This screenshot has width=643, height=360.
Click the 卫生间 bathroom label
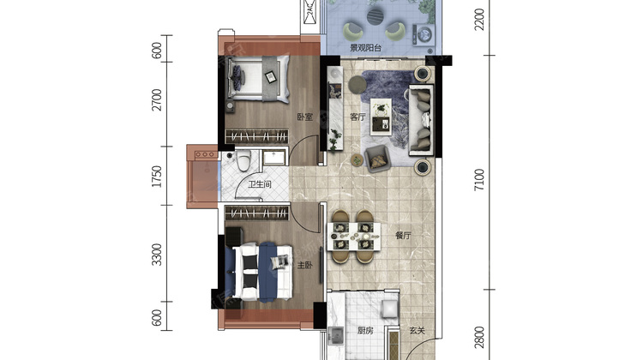[260, 184]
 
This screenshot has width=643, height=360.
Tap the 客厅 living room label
[358, 117]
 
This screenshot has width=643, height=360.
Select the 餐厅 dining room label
[403, 236]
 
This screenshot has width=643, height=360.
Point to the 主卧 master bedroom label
[304, 265]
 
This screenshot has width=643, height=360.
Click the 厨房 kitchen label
[365, 331]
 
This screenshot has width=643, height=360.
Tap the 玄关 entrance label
[417, 331]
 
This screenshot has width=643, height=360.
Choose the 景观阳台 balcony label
[366, 48]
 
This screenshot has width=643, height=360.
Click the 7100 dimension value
[479, 180]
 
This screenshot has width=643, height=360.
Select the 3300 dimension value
[157, 255]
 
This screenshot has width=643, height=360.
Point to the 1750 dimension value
[157, 177]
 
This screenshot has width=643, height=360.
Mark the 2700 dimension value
[157, 99]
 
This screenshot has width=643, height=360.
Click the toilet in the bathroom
[243, 160]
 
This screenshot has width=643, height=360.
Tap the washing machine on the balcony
[424, 34]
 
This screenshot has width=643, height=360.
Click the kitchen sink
[337, 336]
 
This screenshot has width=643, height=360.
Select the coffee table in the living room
[381, 117]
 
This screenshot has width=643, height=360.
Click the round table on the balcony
[376, 16]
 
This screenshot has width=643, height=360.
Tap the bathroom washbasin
[273, 158]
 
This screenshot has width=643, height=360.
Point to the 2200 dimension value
[479, 19]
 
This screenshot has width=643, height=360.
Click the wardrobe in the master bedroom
[257, 213]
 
